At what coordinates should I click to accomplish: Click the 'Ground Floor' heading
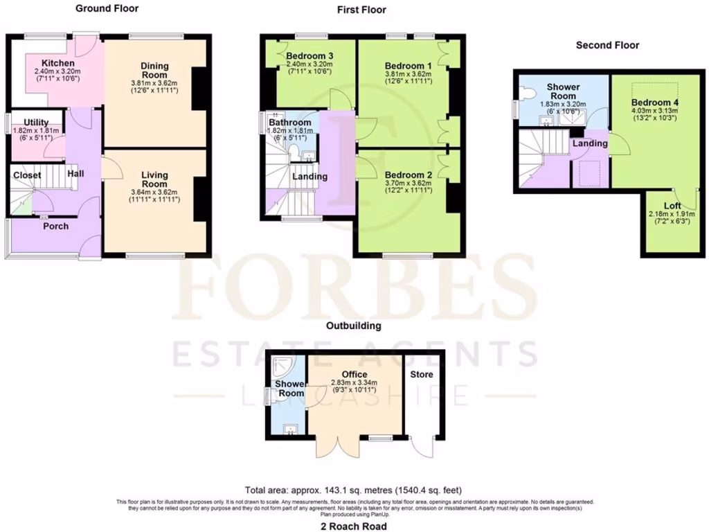[107, 9]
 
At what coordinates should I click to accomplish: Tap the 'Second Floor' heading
[607, 45]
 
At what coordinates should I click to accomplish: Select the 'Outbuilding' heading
[354, 325]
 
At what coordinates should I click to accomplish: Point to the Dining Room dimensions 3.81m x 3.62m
[155, 83]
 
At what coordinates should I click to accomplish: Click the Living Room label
[155, 175]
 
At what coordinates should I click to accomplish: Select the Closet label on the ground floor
[26, 176]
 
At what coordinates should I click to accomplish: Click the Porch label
[56, 226]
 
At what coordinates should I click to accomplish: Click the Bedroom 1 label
[409, 66]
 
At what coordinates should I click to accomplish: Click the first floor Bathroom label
[289, 123]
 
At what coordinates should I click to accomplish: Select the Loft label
[672, 206]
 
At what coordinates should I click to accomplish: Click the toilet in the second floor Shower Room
[527, 92]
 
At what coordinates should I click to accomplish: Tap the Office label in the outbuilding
[354, 374]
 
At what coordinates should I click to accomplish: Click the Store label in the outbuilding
[422, 374]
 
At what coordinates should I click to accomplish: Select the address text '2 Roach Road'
[354, 526]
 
